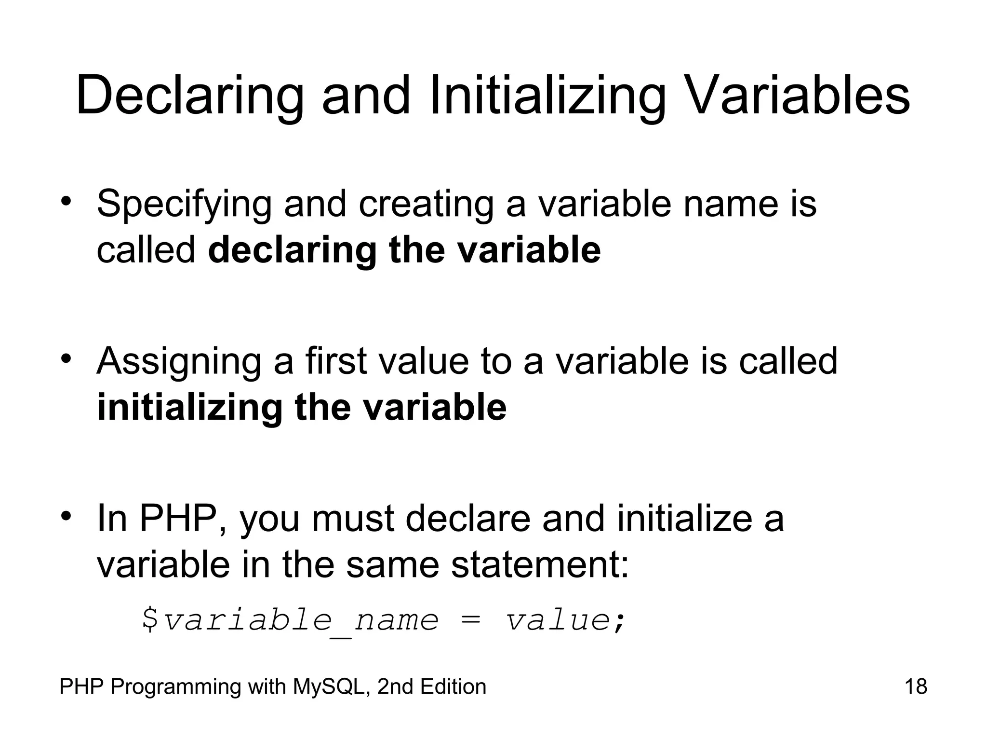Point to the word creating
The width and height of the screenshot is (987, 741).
coord(426,205)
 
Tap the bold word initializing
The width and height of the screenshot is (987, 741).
coord(189,408)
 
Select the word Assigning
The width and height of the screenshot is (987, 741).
coord(179,362)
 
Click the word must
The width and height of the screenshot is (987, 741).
coord(352,519)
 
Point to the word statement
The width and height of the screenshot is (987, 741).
coord(540,565)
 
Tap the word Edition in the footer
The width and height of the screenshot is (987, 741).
coord(453,686)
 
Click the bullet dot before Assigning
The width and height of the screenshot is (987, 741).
coord(67,359)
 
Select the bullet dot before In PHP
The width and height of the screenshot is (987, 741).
coord(67,516)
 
